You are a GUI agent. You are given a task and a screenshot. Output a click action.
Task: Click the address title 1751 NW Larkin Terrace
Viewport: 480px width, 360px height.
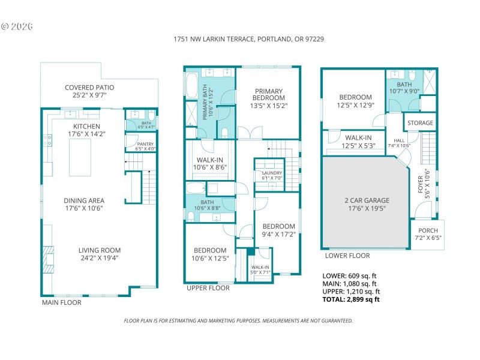click(248, 39)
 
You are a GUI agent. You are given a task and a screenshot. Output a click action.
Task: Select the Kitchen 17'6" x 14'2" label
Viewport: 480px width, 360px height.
click(86, 130)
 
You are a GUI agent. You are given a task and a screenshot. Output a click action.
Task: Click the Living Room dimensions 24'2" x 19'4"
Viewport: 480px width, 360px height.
click(99, 258)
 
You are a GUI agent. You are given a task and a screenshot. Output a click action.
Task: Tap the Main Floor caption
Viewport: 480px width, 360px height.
click(61, 302)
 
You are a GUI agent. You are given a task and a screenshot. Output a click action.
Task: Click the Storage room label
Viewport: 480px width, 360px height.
click(420, 124)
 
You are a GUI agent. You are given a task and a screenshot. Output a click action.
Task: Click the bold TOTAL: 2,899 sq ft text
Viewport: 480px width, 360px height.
click(352, 299)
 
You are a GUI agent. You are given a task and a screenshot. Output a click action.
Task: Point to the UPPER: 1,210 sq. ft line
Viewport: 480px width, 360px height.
click(350, 291)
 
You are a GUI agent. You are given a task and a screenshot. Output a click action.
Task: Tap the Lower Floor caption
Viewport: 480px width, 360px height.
click(343, 255)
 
